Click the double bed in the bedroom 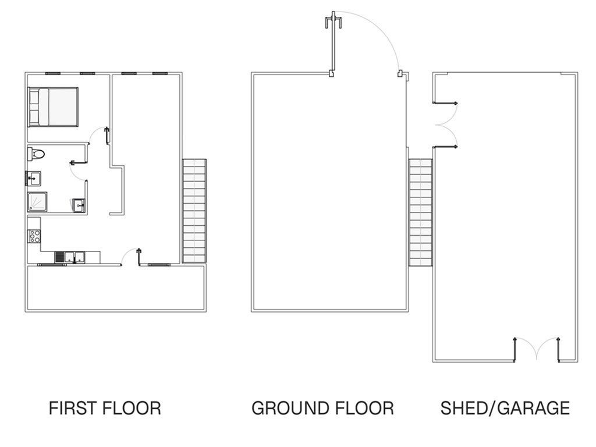(53, 107)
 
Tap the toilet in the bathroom (36, 154)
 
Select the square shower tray (37, 202)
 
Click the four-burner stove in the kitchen (34, 236)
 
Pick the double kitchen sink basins (75, 257)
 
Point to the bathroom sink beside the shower (79, 205)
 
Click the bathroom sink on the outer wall (34, 179)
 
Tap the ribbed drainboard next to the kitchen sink (60, 257)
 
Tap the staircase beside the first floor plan (194, 211)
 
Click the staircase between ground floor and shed (420, 212)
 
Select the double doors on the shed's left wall (446, 125)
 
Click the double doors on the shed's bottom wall (536, 349)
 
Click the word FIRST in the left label (73, 408)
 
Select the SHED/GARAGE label (505, 408)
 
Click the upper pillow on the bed (34, 97)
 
